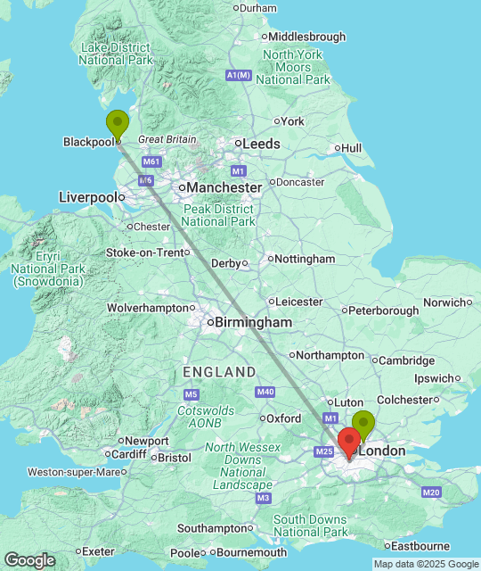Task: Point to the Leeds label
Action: pyautogui.click(x=263, y=144)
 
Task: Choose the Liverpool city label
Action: pyautogui.click(x=87, y=196)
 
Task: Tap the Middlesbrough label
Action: pyautogui.click(x=307, y=37)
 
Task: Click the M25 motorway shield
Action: pyautogui.click(x=323, y=452)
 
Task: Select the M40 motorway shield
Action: pyautogui.click(x=265, y=392)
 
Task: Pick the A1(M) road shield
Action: pyautogui.click(x=239, y=76)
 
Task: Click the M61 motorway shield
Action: pyautogui.click(x=151, y=161)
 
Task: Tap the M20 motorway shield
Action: pyautogui.click(x=432, y=492)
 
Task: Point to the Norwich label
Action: pyautogui.click(x=444, y=302)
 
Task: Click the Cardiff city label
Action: pyautogui.click(x=129, y=454)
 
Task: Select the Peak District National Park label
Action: pyautogui.click(x=218, y=215)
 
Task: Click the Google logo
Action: pyautogui.click(x=29, y=560)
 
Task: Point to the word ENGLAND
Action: pyautogui.click(x=219, y=371)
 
